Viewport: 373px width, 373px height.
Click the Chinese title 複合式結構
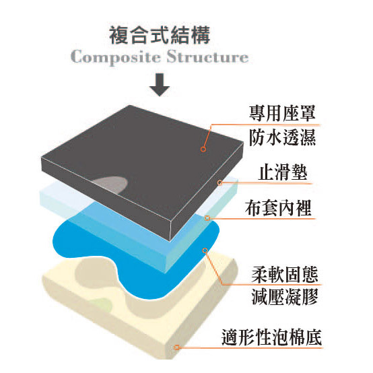coord(160,35)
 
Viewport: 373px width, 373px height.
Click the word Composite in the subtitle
coord(116,58)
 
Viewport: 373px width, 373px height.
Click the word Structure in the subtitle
coord(207,57)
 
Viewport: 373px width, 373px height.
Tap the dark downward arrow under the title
coord(160,85)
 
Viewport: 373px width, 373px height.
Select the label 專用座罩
coord(282,113)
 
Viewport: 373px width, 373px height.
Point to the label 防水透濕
coord(282,137)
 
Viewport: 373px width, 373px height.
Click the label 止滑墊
coord(283,172)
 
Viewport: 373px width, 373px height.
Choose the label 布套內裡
coord(278,207)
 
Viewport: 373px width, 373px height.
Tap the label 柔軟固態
coord(285,275)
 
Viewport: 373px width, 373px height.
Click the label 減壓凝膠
coord(285,297)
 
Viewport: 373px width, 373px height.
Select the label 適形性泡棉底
coord(271,337)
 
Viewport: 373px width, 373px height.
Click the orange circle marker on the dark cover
coord(203,149)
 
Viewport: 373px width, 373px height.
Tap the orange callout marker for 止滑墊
coord(219,182)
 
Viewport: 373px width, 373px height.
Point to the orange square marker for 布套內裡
coord(207,218)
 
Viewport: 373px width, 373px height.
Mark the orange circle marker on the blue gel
coord(205,250)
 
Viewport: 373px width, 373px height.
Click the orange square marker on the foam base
coord(176,347)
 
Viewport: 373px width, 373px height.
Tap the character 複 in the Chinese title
coord(118,35)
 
